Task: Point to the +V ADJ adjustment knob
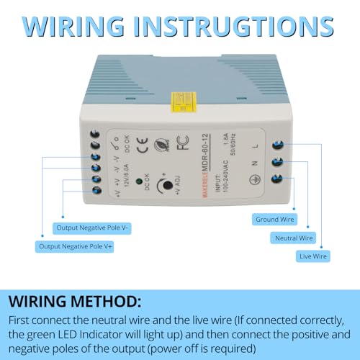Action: [167, 186]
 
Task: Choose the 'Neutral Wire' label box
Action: [294, 237]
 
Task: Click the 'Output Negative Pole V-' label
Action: [93, 228]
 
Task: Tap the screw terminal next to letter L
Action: [276, 146]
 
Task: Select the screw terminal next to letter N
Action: [276, 164]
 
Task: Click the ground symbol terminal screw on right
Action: [276, 182]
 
